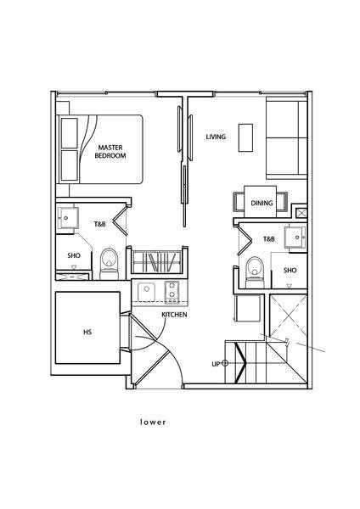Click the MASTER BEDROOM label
[x=110, y=152]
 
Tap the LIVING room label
[x=216, y=137]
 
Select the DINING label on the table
[x=262, y=204]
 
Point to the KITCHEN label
[x=174, y=315]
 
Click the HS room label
[x=87, y=332]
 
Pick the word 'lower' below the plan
[x=153, y=422]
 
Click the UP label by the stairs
[x=216, y=364]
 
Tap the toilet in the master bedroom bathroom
[x=108, y=264]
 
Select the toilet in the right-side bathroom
[x=255, y=272]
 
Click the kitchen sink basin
[x=146, y=292]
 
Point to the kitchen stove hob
[x=172, y=292]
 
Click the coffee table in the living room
[x=245, y=137]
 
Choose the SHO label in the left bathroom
[x=74, y=255]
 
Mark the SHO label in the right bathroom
[x=290, y=270]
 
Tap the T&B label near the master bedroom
[x=99, y=224]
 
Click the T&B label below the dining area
[x=268, y=239]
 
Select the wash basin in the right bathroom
[x=295, y=238]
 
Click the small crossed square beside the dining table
[x=301, y=213]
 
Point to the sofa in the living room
[x=287, y=140]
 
